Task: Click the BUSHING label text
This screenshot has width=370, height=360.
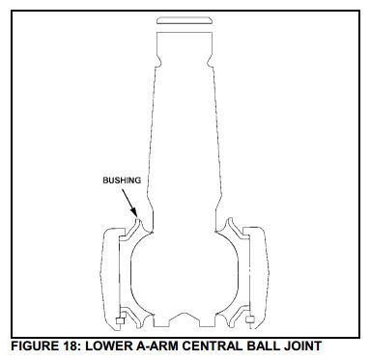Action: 122,180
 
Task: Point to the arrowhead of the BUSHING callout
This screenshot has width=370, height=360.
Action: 135,214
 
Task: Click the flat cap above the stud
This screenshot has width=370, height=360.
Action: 185,21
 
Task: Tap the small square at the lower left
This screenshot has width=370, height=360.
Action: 120,320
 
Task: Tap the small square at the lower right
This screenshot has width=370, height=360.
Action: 250,319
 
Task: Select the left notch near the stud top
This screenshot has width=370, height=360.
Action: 157,61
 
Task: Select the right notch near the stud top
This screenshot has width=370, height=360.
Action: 211,61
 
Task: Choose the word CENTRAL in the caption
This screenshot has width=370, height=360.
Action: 212,346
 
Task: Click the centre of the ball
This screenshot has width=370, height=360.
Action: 185,273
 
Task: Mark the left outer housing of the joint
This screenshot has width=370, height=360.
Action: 110,278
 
